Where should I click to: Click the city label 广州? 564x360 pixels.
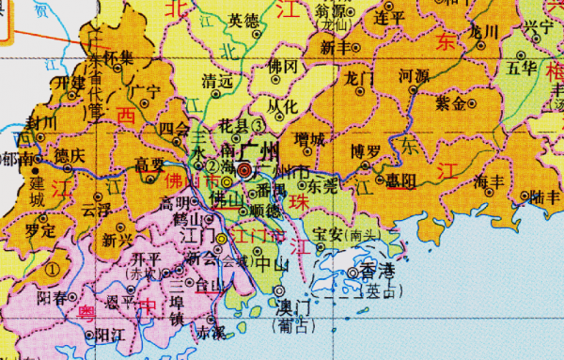point(259,151)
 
